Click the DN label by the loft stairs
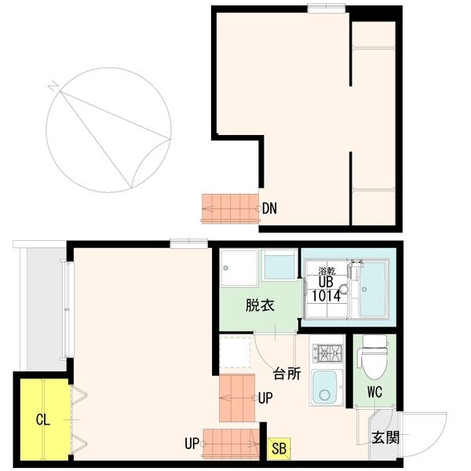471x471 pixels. [x=270, y=209]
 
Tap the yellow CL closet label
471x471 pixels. [x=42, y=420]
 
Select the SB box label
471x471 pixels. [x=279, y=449]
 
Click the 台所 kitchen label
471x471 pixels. [x=287, y=374]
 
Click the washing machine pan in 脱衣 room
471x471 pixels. [x=238, y=269]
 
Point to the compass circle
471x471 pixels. [x=108, y=130]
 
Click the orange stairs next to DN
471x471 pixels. [x=229, y=208]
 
